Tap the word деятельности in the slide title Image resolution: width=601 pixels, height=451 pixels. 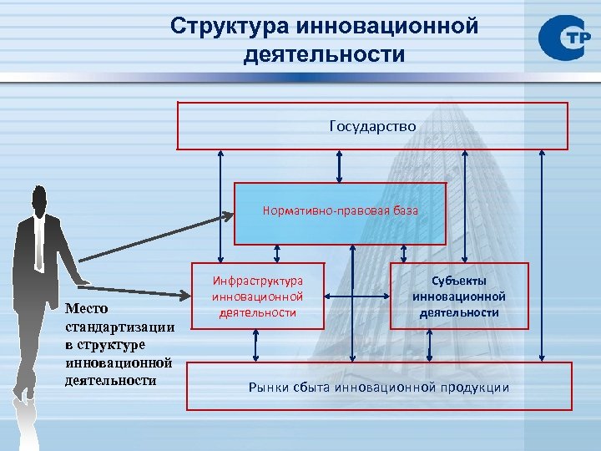(x=325, y=55)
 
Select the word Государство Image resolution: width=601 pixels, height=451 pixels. (x=372, y=126)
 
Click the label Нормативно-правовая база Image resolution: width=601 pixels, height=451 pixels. (x=341, y=210)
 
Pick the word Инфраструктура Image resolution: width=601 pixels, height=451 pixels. (x=258, y=281)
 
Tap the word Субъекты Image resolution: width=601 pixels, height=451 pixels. (x=459, y=281)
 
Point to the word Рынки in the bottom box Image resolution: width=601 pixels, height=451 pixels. (x=271, y=387)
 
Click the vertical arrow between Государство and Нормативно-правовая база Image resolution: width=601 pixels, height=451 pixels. (x=339, y=165)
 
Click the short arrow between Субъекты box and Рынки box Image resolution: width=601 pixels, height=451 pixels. (x=430, y=344)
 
